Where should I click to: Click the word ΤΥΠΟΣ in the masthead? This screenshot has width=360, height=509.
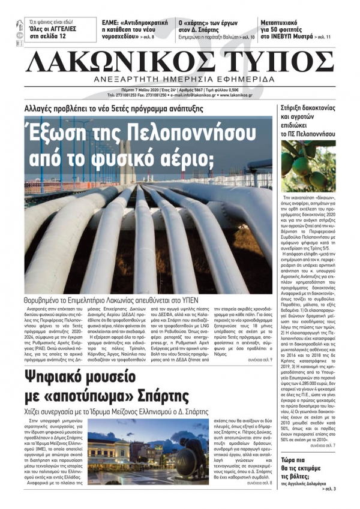[x=278, y=61]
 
